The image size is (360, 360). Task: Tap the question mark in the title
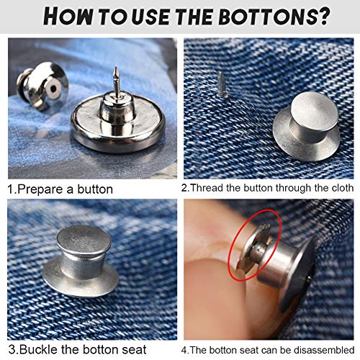tap(323, 17)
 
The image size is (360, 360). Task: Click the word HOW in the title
tap(68, 17)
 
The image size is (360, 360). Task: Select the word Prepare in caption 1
tap(40, 189)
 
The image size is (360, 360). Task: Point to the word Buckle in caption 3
tap(39, 349)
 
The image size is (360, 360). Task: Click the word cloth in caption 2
tap(343, 188)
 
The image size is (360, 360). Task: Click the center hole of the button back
tap(53, 89)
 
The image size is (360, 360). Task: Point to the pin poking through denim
tap(222, 84)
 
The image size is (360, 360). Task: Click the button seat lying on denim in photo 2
tap(307, 125)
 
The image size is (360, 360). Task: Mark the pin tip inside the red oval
tap(266, 226)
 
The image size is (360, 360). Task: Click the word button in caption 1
tap(95, 189)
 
